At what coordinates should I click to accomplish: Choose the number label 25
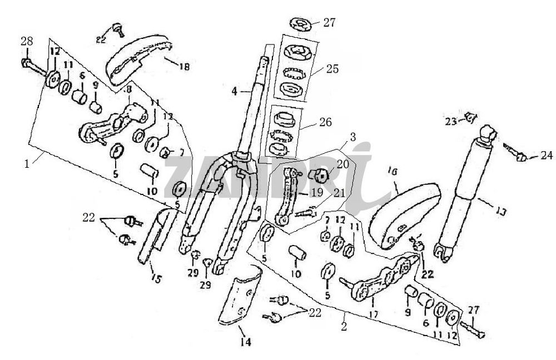(332, 69)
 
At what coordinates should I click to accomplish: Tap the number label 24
(547, 156)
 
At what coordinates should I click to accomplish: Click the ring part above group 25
(301, 24)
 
